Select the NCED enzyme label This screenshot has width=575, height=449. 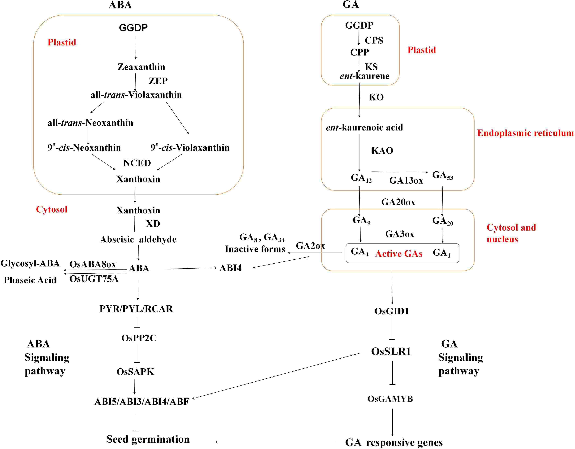137,163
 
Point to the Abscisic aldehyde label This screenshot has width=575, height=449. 138,240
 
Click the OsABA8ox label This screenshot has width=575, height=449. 93,264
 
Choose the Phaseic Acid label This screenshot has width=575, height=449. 30,280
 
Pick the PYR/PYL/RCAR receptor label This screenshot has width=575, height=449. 136,309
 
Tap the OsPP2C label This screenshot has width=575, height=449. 139,338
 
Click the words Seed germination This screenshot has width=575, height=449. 148,439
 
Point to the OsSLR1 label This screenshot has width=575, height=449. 391,351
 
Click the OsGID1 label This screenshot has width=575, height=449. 391,311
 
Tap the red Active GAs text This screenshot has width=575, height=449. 399,254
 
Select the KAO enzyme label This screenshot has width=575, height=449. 382,151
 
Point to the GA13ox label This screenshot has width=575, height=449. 406,181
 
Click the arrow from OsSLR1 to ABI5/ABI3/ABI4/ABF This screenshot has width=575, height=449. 276,376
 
